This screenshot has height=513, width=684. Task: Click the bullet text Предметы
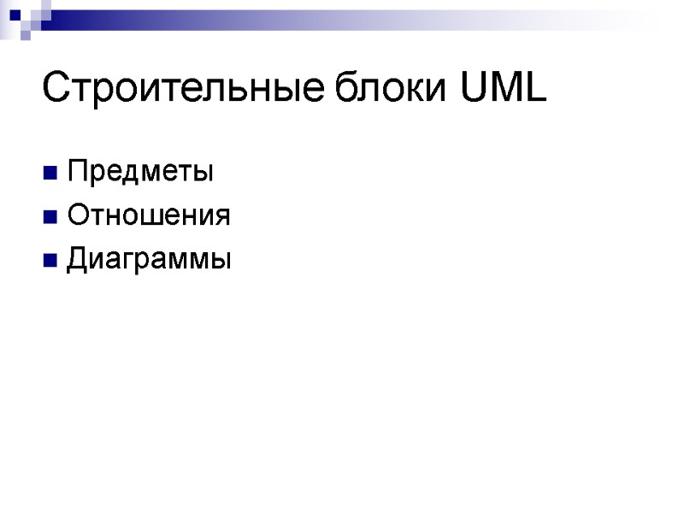pyautogui.click(x=141, y=172)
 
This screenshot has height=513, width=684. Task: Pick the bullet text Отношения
pyautogui.click(x=149, y=215)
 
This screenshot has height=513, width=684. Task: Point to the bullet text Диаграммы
pyautogui.click(x=150, y=258)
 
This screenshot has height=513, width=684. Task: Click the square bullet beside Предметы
pyautogui.click(x=50, y=174)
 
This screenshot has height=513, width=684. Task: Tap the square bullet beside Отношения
pyautogui.click(x=50, y=216)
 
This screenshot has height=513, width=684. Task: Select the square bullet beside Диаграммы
pyautogui.click(x=50, y=259)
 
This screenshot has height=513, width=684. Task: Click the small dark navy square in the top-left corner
pyautogui.click(x=15, y=13)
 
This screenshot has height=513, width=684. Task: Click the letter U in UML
pyautogui.click(x=473, y=89)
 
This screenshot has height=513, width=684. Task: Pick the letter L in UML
pyautogui.click(x=535, y=89)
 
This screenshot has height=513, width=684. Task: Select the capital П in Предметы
pyautogui.click(x=77, y=172)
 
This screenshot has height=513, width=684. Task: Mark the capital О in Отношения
pyautogui.click(x=78, y=215)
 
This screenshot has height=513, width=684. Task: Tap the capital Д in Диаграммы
pyautogui.click(x=78, y=258)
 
